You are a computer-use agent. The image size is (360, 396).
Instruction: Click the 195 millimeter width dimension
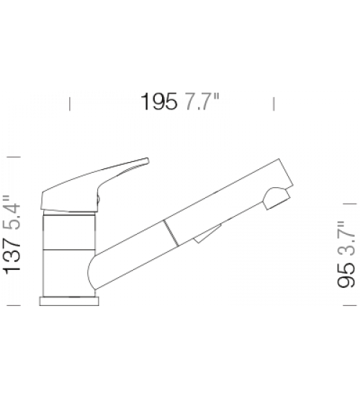click(159, 102)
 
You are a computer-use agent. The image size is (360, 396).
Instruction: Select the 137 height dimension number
click(12, 256)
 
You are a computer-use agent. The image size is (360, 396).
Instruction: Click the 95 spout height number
click(346, 275)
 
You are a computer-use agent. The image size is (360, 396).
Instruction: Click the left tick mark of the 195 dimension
click(70, 104)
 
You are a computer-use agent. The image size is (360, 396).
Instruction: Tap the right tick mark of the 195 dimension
click(274, 104)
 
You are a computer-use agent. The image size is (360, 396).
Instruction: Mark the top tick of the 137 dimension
click(14, 157)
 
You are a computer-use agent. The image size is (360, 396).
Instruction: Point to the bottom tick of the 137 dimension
click(14, 305)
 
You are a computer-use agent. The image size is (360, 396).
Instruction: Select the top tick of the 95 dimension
click(350, 203)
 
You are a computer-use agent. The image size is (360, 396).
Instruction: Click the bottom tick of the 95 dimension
click(350, 305)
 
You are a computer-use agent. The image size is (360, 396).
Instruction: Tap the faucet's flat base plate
click(69, 301)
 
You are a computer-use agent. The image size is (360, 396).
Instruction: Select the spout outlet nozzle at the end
click(276, 198)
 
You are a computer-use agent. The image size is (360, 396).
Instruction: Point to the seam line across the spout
click(171, 233)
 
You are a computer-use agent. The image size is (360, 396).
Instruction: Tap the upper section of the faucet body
click(69, 231)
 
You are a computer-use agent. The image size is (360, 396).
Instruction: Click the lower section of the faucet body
click(68, 273)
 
